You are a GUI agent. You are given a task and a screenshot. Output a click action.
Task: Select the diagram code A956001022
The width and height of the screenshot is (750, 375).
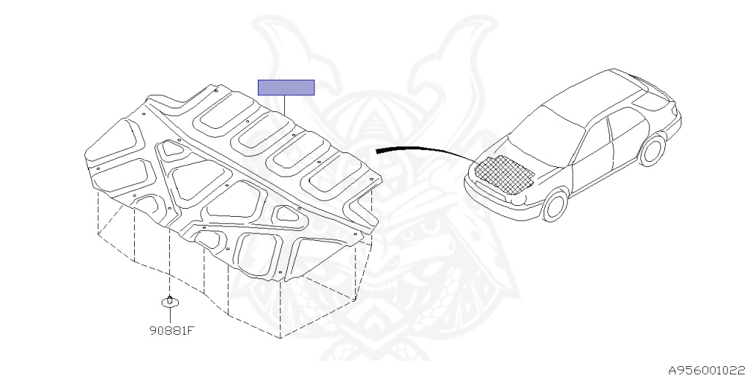point(707,370)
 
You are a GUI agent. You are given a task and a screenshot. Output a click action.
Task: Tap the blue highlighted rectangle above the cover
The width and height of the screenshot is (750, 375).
point(286,87)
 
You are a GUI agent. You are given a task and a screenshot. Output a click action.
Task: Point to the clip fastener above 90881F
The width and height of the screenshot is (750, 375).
point(170,300)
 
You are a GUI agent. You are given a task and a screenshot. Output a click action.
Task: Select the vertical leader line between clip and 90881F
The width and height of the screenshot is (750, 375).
point(170,315)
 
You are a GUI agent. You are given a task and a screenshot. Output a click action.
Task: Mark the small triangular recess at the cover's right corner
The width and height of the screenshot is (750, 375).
point(288,214)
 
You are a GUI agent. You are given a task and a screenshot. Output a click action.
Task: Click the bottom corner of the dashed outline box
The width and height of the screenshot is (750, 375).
point(281,338)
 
